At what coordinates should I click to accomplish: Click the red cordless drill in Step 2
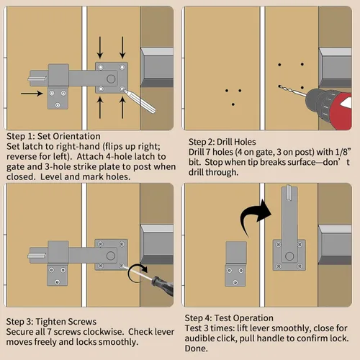pos(330,108)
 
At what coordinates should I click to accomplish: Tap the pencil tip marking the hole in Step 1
pos(123,89)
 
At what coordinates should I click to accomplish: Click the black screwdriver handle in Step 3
pos(163,286)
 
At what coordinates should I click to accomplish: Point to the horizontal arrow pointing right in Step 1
pos(32,94)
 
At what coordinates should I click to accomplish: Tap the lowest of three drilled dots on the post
pos(233,104)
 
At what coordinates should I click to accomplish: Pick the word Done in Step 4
pos(196,348)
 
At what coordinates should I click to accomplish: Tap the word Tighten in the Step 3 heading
pos(50,322)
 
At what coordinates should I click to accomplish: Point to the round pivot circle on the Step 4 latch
pos(289,256)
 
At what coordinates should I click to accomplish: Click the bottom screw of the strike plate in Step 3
pos(58,282)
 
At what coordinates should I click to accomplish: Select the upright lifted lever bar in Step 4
pos(289,216)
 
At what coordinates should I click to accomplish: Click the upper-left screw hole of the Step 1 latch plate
pos(101,67)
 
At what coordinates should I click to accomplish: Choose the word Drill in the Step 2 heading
pos(225,142)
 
